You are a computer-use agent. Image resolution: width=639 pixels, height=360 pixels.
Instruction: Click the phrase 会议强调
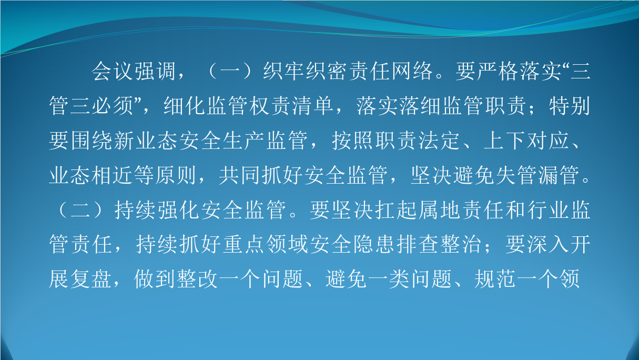(x=133, y=72)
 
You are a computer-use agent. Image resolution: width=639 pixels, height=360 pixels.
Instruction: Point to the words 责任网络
(x=391, y=72)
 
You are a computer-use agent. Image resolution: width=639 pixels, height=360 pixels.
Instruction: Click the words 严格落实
(x=520, y=72)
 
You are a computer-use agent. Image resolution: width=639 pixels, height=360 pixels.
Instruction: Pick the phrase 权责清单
(x=292, y=106)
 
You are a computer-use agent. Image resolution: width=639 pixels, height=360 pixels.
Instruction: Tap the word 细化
(x=185, y=106)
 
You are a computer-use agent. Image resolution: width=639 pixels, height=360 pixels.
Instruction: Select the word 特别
(x=570, y=106)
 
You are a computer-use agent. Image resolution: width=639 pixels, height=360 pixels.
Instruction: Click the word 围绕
(x=91, y=141)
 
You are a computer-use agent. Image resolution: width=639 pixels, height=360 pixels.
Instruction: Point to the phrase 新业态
(x=145, y=141)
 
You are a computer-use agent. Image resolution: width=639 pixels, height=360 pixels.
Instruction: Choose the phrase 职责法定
(x=417, y=141)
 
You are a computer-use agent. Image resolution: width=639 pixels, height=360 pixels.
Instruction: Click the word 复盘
(x=91, y=279)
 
